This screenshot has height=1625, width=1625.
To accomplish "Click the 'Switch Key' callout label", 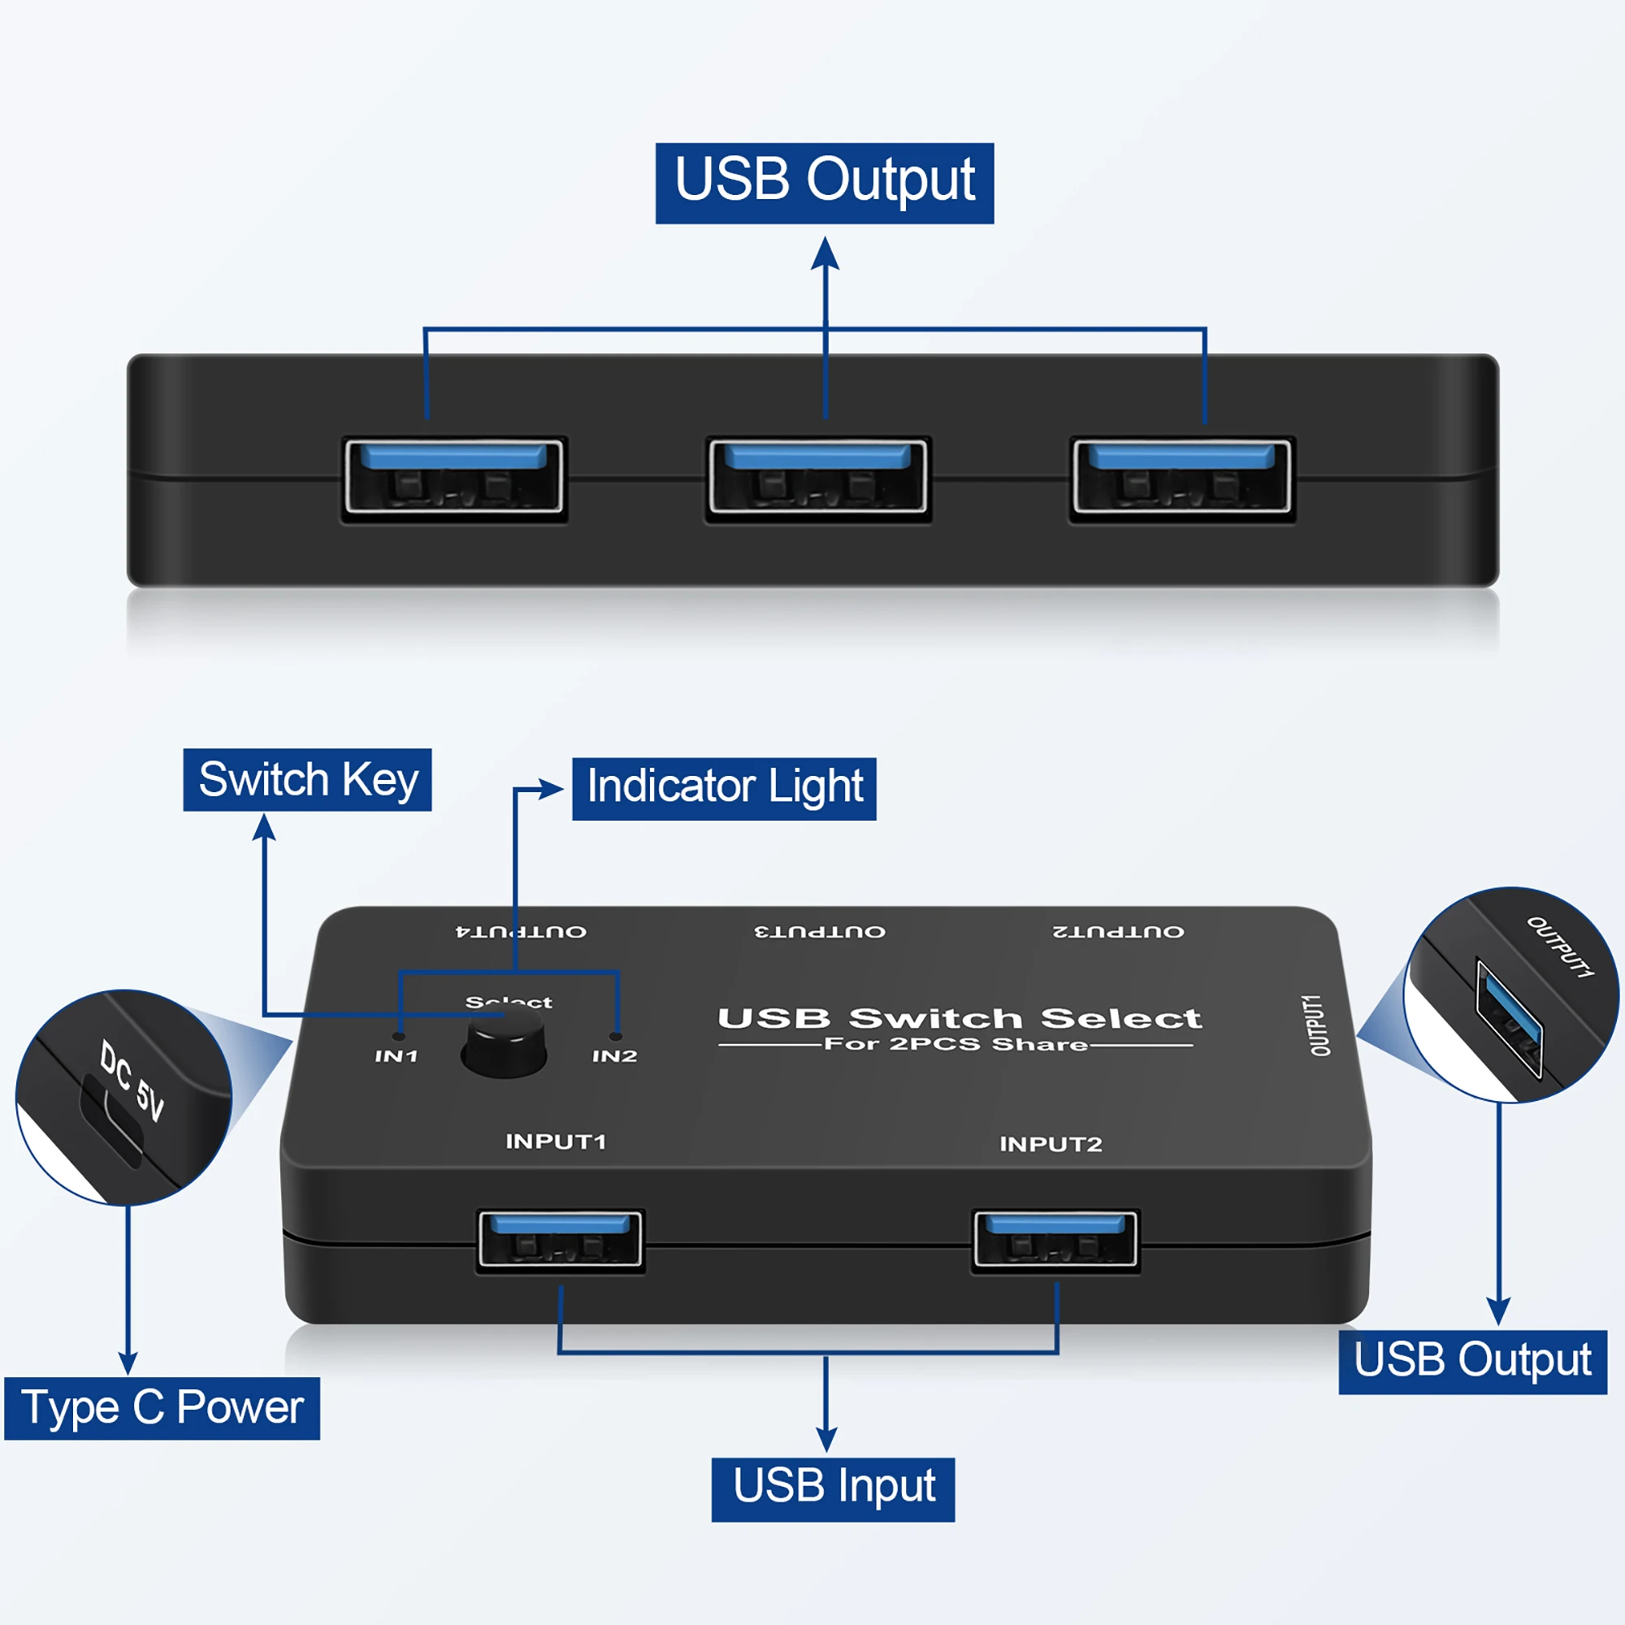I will pyautogui.click(x=307, y=780).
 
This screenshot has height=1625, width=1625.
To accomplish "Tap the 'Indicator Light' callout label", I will pyautogui.click(x=723, y=788).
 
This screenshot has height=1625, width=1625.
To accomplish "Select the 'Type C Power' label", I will pyautogui.click(x=162, y=1408).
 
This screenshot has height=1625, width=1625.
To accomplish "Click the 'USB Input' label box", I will pyautogui.click(x=833, y=1489).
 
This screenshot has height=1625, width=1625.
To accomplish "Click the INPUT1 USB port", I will pyautogui.click(x=560, y=1240).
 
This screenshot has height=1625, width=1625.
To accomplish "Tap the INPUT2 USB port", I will pyautogui.click(x=1055, y=1240).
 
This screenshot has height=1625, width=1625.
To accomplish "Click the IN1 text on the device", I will pyautogui.click(x=396, y=1056).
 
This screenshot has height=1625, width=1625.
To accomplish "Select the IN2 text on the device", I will pyautogui.click(x=614, y=1056).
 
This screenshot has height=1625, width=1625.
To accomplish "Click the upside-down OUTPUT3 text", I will pyautogui.click(x=819, y=932).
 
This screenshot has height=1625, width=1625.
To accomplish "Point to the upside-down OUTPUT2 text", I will pyautogui.click(x=1118, y=932).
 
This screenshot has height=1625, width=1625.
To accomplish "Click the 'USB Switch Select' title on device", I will pyautogui.click(x=959, y=1019).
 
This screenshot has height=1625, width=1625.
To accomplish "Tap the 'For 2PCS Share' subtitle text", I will pyautogui.click(x=955, y=1045).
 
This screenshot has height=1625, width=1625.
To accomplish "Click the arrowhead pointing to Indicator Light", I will pyautogui.click(x=552, y=789).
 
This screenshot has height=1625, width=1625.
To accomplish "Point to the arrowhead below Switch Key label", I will pyautogui.click(x=264, y=827).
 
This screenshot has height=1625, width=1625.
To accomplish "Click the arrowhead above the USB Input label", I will pyautogui.click(x=827, y=1439).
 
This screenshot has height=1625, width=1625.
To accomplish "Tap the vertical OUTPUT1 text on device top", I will pyautogui.click(x=1318, y=1025).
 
